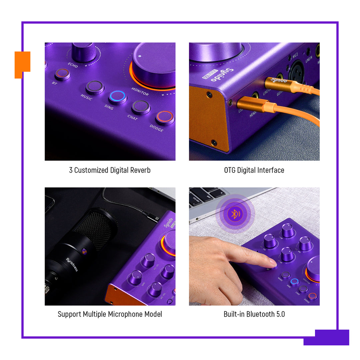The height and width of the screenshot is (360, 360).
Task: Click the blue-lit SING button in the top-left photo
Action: (x=117, y=97)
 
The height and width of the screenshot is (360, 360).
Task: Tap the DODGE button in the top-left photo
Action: (x=165, y=117)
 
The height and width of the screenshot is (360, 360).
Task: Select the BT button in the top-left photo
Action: (x=62, y=74)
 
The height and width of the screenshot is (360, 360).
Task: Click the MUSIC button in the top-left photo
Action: (x=95, y=87)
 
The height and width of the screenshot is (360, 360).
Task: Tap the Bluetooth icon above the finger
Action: (x=235, y=214)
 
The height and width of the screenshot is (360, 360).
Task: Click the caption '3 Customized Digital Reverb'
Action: (x=110, y=170)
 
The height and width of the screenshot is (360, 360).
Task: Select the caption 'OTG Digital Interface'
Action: (x=254, y=170)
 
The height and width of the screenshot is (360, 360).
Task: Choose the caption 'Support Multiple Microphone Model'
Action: (x=110, y=314)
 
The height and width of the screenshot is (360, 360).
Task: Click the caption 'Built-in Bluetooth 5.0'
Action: (x=254, y=314)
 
